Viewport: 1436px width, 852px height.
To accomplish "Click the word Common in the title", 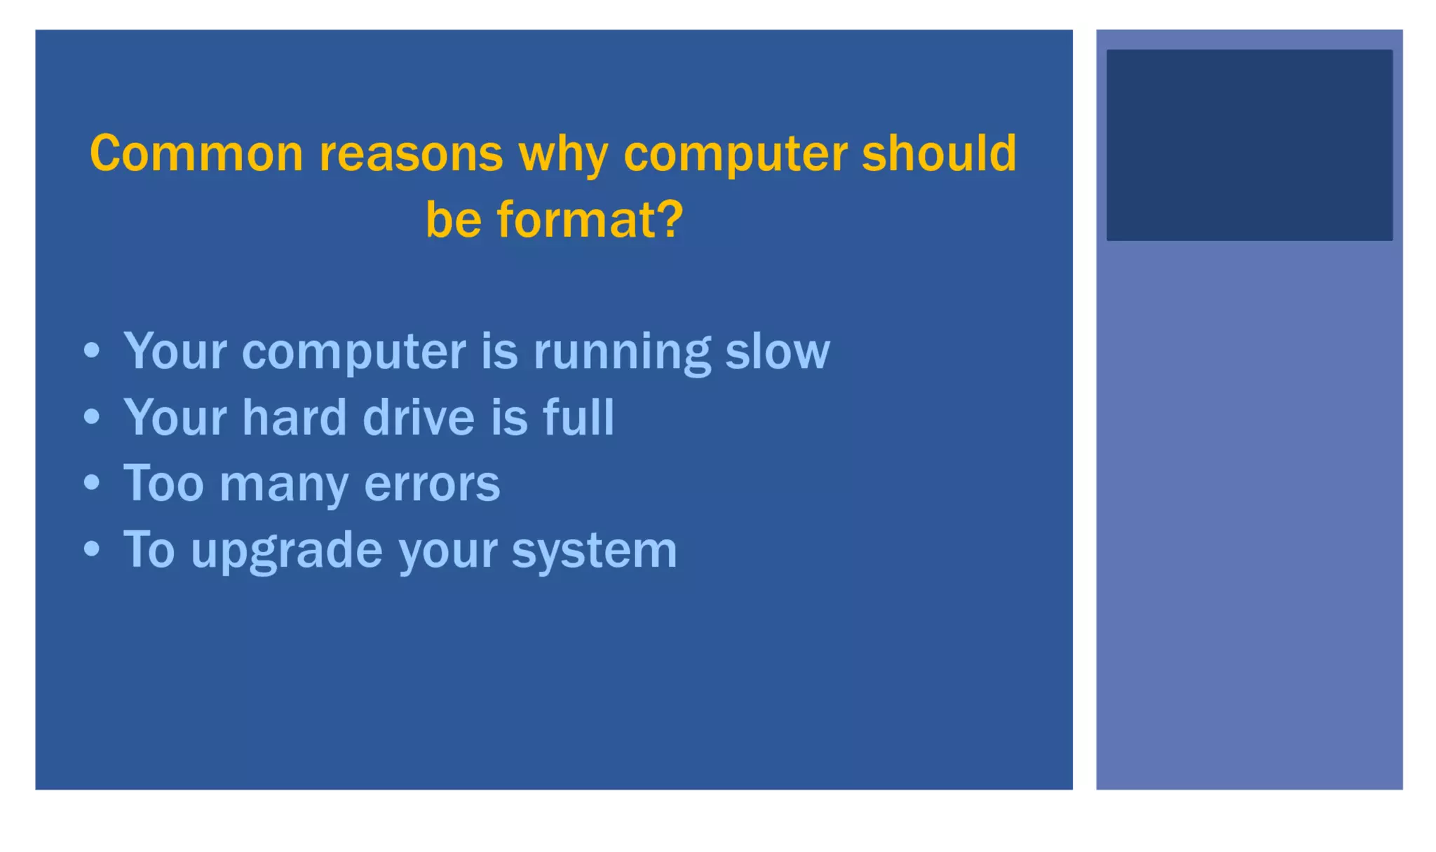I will point(196,153).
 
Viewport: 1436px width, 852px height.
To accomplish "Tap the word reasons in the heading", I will point(411,153).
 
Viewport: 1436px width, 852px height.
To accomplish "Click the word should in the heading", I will point(939,153).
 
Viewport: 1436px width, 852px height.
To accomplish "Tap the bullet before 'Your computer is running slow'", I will point(92,350).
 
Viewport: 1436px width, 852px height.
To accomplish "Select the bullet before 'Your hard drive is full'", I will point(92,417).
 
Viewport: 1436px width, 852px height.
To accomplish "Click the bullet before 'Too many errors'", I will point(92,483).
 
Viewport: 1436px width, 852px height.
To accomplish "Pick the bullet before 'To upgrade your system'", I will point(92,549).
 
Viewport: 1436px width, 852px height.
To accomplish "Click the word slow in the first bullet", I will point(777,351).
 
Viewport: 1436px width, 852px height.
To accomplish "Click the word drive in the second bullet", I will point(419,418).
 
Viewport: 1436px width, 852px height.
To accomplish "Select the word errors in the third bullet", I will point(432,484).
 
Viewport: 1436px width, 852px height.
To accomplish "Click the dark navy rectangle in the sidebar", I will point(1249,145).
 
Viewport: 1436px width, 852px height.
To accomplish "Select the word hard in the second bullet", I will point(294,418).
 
